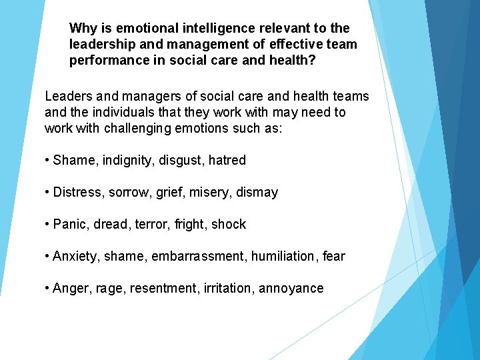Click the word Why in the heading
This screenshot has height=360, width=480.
point(83,29)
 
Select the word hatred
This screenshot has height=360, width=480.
point(226,160)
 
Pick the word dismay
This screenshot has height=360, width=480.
point(255,192)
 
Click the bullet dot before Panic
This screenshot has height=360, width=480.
point(47,225)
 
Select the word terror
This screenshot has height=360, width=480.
point(154,224)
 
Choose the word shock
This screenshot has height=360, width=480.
point(229,224)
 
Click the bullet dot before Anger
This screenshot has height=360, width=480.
point(47,289)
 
